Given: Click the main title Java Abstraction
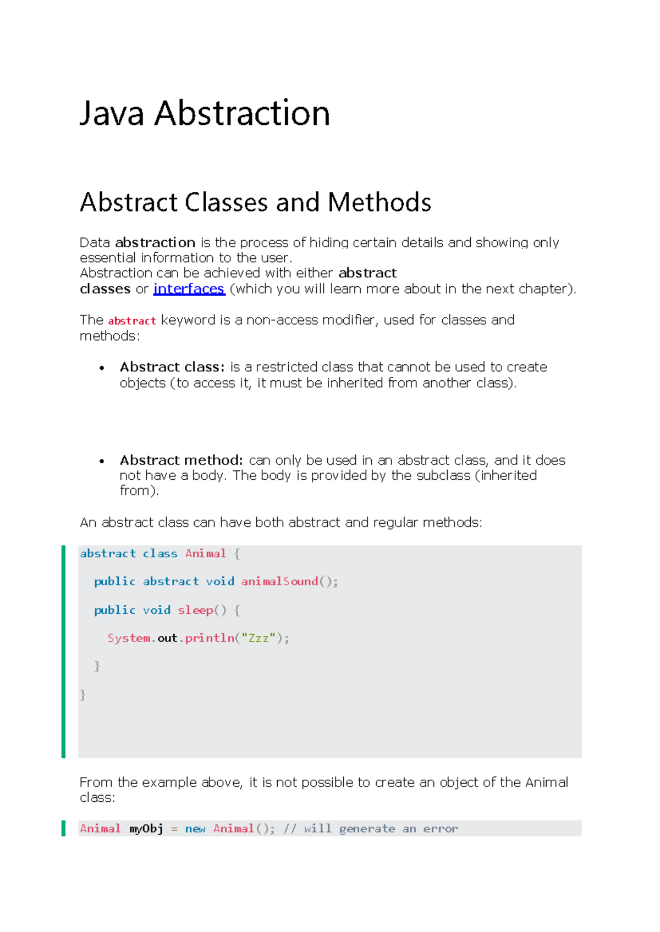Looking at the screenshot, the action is coord(205,113).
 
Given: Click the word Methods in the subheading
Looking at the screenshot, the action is coord(380,202).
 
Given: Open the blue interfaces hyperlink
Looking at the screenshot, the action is coord(189,289).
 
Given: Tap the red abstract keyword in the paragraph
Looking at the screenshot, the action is coord(132,321).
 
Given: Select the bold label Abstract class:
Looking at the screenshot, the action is coord(172,367).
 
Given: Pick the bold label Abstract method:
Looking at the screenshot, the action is coord(181,460).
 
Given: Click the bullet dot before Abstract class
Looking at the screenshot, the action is coord(102,368).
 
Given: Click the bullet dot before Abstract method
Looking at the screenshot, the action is coord(102,461).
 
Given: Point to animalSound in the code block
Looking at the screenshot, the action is coord(279,581).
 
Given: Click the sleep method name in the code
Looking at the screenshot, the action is coord(195,610).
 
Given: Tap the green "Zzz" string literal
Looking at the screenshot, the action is coord(258,638).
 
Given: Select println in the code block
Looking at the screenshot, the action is coord(209,638).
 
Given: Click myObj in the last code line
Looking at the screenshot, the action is coord(146,829).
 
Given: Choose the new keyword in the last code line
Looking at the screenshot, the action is coord(195,829).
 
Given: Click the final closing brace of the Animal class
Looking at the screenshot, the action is coord(83,695).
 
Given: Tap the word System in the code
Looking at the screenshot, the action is coord(129,638).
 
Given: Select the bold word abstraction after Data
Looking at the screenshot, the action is coord(155,242).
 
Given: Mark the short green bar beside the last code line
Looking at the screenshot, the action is coord(63,828).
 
